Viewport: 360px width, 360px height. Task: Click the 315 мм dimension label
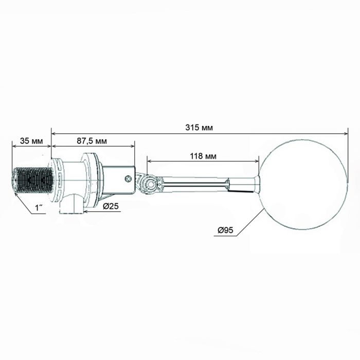pos(199,127)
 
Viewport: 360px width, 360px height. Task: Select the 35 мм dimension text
pos(31,141)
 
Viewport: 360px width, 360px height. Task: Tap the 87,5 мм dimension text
pos(92,141)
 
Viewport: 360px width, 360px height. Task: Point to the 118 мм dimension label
pos(203,156)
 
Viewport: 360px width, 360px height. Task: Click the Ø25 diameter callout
pos(111,206)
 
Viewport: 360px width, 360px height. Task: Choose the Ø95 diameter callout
pos(225,230)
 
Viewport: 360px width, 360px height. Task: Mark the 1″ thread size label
pos(39,208)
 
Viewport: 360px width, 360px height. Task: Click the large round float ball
pos(303,185)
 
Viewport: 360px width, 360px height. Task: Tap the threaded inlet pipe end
pos(32,181)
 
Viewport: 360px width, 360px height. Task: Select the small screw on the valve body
pos(128,178)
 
